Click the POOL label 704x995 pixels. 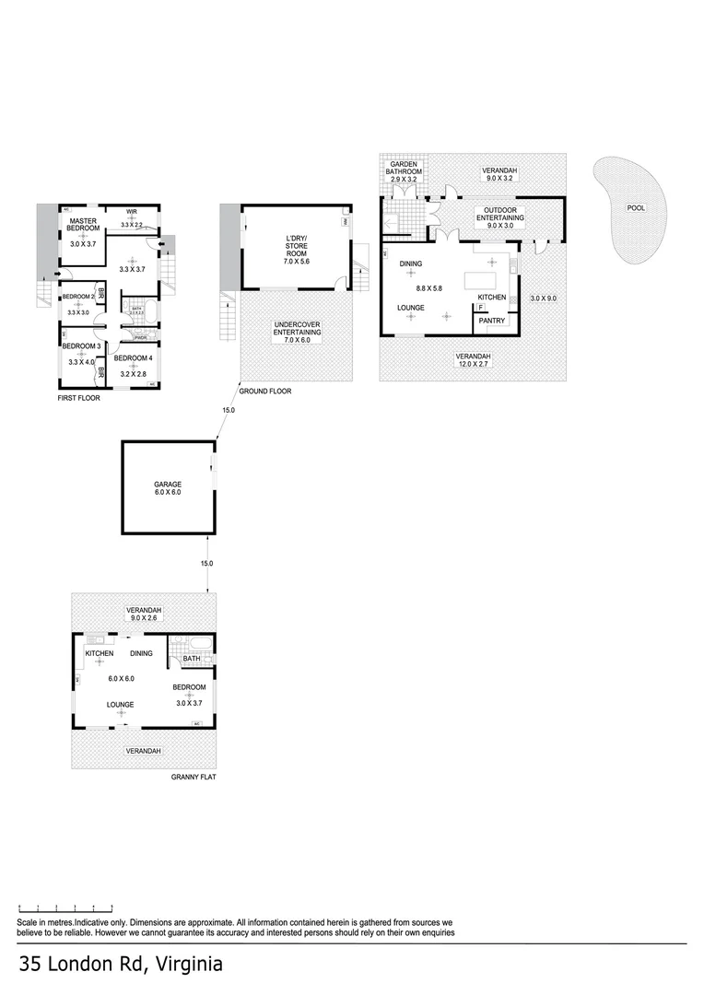click(x=636, y=207)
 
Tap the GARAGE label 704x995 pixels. click(x=168, y=485)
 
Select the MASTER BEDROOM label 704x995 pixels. click(x=84, y=224)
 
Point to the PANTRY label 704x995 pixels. click(x=490, y=321)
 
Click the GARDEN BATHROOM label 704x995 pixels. click(x=406, y=168)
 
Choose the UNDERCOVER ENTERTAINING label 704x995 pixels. click(x=297, y=329)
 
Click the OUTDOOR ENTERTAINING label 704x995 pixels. click(x=499, y=214)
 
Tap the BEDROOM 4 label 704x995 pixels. click(x=134, y=358)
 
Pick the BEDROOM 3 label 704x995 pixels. click(x=82, y=346)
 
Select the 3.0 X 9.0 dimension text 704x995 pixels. click(x=544, y=298)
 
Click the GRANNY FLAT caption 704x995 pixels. click(x=194, y=778)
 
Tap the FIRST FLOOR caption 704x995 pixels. click(x=77, y=398)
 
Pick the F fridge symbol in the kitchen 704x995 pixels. click(x=480, y=307)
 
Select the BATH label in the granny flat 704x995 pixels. click(x=192, y=659)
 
